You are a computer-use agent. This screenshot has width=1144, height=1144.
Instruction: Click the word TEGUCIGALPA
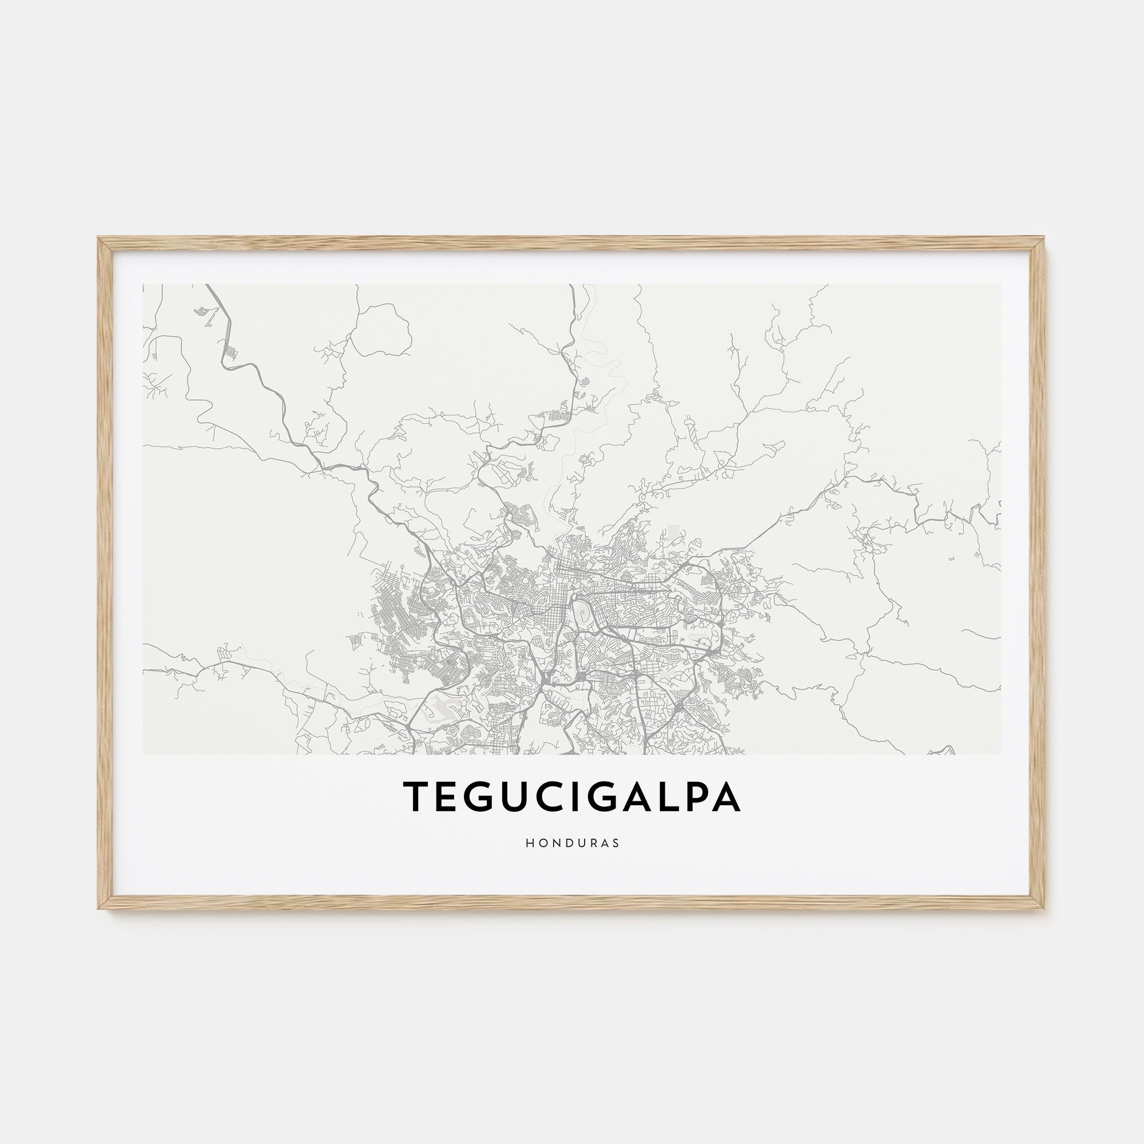coord(571,797)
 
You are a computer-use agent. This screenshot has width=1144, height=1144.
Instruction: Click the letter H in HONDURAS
coord(528,843)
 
